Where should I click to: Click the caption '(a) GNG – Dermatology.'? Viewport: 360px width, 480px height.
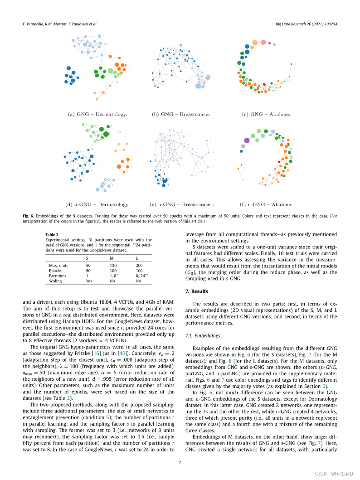pyautogui.click(x=97, y=114)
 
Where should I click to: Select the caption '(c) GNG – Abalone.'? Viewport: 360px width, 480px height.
pyautogui.click(x=266, y=114)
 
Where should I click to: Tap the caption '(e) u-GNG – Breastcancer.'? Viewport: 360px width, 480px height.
pyautogui.click(x=181, y=204)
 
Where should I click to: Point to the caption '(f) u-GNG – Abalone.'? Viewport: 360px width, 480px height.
pyautogui.click(x=266, y=204)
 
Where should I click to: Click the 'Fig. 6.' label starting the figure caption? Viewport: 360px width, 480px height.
pyautogui.click(x=29, y=217)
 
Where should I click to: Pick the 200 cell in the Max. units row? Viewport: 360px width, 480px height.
pyautogui.click(x=139, y=264)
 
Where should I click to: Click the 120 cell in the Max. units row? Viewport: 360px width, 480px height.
pyautogui.click(x=113, y=264)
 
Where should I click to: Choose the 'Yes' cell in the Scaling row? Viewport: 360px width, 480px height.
pyautogui.click(x=89, y=281)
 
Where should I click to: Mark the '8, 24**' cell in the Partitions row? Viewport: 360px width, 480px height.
pyautogui.click(x=143, y=276)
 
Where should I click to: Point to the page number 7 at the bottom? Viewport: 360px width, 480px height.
pyautogui.click(x=180, y=462)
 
